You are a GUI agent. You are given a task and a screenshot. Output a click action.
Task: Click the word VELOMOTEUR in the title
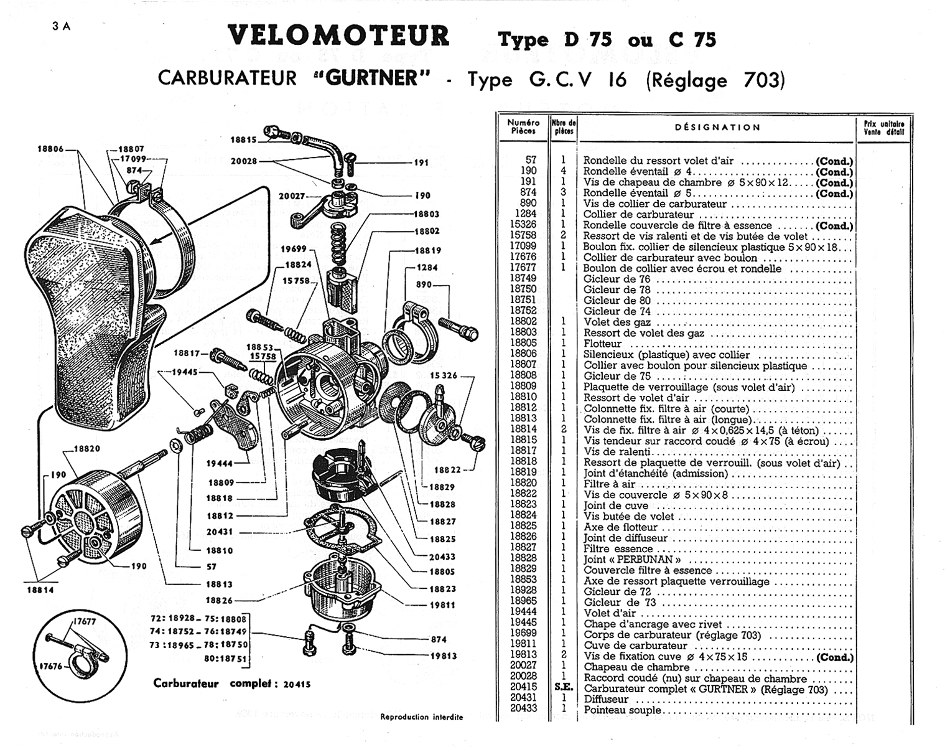[x=338, y=35]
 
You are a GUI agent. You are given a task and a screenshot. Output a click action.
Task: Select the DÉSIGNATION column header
[x=717, y=128]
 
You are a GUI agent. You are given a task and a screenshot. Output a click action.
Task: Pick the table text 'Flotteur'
[x=602, y=344]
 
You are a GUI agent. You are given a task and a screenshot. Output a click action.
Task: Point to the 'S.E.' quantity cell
[x=563, y=688]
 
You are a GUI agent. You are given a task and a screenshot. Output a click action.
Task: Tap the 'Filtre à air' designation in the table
[x=609, y=484]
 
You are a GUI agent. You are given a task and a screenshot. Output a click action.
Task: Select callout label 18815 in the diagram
[x=243, y=140]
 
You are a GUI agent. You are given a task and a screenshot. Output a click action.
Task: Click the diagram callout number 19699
[x=294, y=249]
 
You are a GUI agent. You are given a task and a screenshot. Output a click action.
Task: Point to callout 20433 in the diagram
[x=442, y=557]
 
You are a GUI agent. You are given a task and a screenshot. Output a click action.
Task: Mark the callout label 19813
[x=443, y=655]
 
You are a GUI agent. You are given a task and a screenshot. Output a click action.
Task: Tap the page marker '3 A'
[x=62, y=26]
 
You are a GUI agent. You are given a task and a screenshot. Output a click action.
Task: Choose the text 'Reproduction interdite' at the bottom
[x=421, y=717]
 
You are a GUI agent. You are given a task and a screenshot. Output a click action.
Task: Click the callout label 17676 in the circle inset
[x=52, y=666]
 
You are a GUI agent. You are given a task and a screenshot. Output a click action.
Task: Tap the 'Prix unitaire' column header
[x=883, y=127]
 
